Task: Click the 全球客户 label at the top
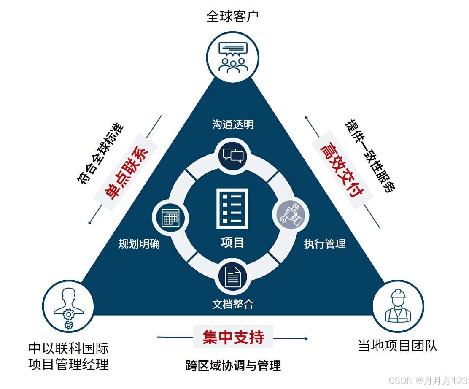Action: [x=232, y=16]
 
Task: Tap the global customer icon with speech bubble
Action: [x=232, y=57]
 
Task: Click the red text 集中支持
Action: [x=233, y=337]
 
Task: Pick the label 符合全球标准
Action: [x=100, y=152]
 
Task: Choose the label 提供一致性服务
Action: [x=370, y=155]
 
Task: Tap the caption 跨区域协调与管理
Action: [x=233, y=365]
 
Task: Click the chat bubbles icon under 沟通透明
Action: [x=233, y=155]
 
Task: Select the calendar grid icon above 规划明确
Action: [x=170, y=218]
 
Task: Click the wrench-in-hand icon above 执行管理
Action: [x=291, y=215]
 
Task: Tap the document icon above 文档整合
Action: [x=233, y=277]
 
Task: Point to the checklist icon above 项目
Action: [x=232, y=208]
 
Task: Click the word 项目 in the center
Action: [x=232, y=242]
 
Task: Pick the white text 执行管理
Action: [x=325, y=243]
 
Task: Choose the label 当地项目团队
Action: [x=398, y=346]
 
